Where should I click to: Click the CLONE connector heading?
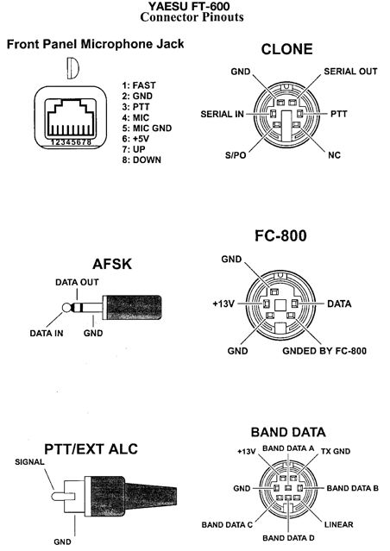point(286,49)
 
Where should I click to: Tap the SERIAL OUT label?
point(350,72)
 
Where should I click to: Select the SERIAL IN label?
point(222,114)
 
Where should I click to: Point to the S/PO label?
point(236,155)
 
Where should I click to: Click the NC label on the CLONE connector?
point(334,155)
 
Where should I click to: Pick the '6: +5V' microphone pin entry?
point(135,139)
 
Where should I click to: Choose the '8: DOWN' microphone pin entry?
point(142,160)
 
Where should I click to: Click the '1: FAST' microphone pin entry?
point(139,85)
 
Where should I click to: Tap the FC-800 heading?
point(280,235)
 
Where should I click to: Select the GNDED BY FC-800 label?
point(324,351)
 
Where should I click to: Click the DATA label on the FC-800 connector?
point(339,304)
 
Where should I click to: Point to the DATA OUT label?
point(77,282)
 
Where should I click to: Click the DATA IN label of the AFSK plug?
point(47,333)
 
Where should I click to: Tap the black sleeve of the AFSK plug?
point(133,308)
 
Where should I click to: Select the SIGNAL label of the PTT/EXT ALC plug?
point(29,461)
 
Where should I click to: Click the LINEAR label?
point(338,524)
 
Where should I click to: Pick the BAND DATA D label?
point(288,538)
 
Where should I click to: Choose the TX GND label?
point(336,451)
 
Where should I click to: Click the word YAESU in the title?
point(165,6)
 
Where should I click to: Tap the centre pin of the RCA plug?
point(63,496)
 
